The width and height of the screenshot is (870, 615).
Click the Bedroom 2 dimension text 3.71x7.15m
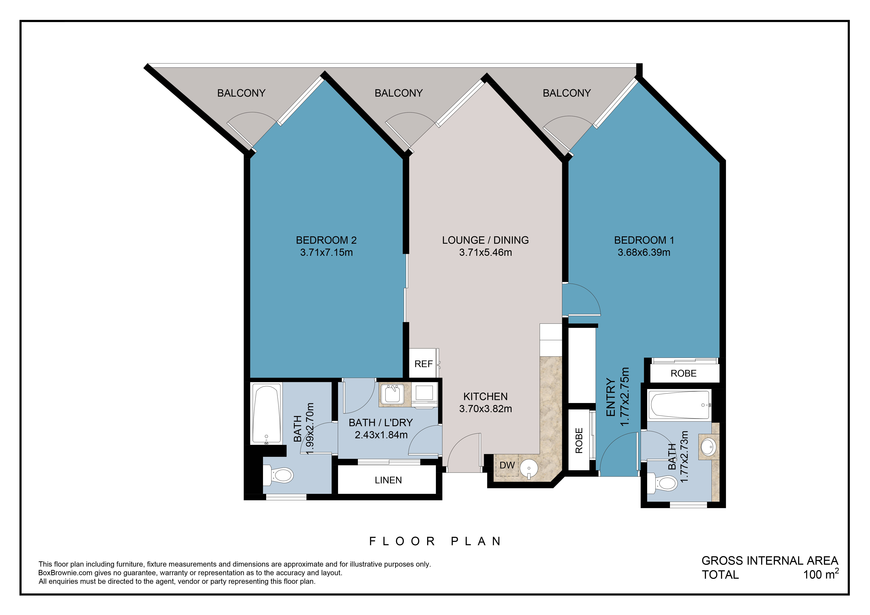[326, 252]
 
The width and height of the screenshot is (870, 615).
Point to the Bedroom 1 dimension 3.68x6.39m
[644, 252]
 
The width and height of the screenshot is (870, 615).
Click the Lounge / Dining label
[485, 240]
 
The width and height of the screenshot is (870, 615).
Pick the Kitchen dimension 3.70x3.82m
[485, 409]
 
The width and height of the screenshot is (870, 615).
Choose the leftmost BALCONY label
[241, 93]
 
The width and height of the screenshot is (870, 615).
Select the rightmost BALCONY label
[566, 93]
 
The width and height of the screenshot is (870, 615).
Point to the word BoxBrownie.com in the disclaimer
[65, 573]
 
